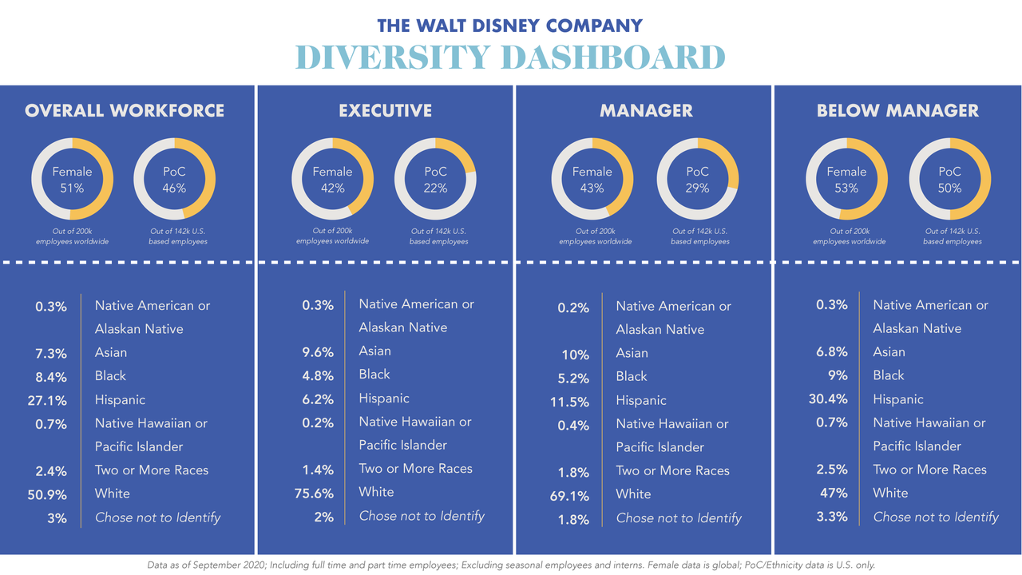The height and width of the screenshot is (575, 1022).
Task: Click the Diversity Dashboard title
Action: point(510,57)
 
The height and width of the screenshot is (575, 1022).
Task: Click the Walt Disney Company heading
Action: point(510,25)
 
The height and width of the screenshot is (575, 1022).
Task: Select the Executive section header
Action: point(385,111)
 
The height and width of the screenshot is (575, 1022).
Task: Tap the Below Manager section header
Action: point(897,111)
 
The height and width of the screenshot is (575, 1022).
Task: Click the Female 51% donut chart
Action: point(72,179)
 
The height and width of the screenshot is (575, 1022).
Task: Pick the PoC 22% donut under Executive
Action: point(435,179)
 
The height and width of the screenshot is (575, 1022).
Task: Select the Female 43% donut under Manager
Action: point(592,179)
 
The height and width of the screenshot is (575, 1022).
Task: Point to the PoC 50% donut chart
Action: point(949,179)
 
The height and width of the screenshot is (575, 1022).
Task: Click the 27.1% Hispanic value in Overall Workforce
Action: point(47,400)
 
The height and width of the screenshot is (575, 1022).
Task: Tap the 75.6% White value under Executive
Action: point(314,493)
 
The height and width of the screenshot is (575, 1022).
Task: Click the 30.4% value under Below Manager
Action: point(828,399)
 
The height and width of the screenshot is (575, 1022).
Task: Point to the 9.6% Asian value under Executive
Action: point(318,351)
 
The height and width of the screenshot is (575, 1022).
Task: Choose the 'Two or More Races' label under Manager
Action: point(672,470)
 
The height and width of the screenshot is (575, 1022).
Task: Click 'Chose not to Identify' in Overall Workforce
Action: point(157,517)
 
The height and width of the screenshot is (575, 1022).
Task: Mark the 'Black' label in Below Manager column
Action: point(889,375)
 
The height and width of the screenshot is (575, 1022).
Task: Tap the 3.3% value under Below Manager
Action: point(831,517)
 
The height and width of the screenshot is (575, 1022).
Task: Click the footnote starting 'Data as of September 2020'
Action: point(511,565)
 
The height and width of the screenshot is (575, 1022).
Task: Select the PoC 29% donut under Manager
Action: point(697,179)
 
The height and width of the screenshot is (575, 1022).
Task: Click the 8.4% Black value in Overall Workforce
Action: point(51,377)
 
